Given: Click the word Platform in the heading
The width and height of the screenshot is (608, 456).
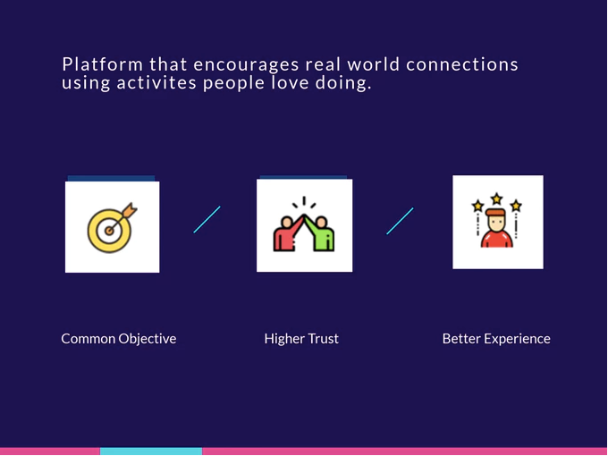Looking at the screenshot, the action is tap(102, 64).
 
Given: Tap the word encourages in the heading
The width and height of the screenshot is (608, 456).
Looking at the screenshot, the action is tap(246, 65).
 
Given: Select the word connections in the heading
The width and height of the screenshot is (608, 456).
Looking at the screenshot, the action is tap(462, 64).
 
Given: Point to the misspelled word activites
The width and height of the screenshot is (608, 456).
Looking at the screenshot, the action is tap(156, 82).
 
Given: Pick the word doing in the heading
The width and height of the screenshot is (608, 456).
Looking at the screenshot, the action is tap(342, 83).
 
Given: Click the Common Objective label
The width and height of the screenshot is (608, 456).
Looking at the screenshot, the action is tap(119, 339).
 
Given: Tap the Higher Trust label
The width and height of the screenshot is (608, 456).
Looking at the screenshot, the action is tap(301, 339).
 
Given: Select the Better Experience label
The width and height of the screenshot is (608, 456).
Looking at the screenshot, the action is tap(496, 339).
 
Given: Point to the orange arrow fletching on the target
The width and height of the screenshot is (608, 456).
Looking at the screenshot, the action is tap(130, 210).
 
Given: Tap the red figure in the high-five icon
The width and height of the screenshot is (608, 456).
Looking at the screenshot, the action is tap(288, 233).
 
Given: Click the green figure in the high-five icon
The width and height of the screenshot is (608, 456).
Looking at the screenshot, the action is tap(320, 233).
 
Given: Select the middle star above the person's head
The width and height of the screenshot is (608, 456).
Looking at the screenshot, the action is tap(497, 198).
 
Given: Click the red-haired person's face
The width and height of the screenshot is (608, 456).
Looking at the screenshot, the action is tap(496, 224).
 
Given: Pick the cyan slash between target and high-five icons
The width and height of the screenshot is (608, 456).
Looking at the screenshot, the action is tap(207, 219).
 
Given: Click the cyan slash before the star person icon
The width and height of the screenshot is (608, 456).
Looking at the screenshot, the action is tap(400, 221).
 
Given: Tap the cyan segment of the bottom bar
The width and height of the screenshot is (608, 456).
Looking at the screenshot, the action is tap(151, 452).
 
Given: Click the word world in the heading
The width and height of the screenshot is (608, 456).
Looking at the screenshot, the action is tap(373, 64).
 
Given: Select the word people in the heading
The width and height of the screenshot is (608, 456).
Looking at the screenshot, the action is tap(234, 83).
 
